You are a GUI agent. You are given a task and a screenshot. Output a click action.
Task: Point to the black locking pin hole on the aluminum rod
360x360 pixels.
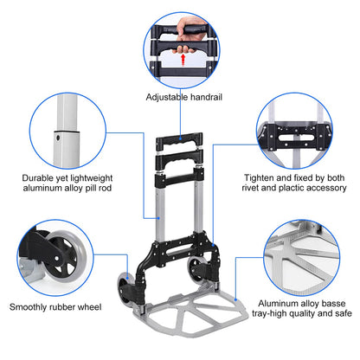click(57, 135)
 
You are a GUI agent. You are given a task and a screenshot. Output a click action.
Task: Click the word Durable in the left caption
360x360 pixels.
click(36, 179)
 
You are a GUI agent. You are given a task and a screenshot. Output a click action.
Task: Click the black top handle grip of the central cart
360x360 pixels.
click(180, 139)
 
